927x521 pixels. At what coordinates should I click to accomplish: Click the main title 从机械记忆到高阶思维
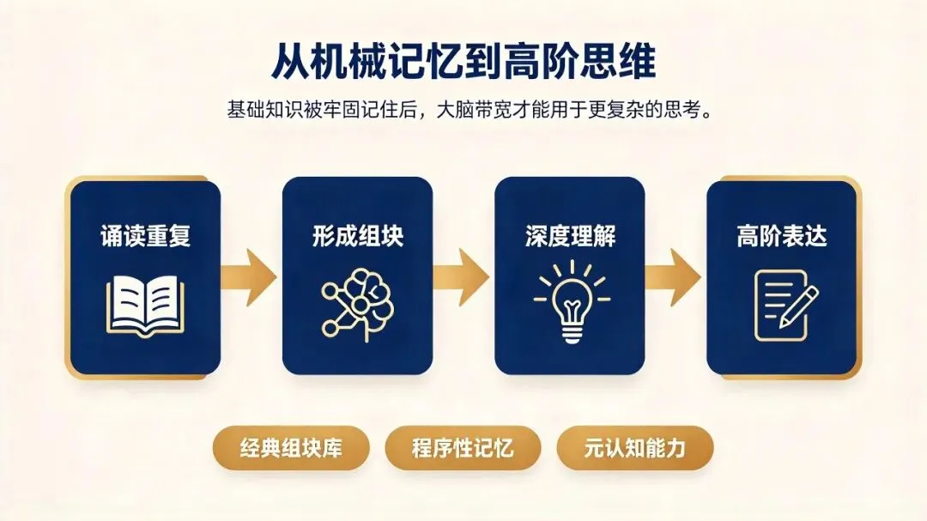[x=463, y=60]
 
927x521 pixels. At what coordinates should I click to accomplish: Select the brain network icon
[x=358, y=305]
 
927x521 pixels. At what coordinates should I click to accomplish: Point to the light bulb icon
[x=571, y=302]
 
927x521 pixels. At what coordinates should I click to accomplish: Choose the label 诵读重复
[x=145, y=236]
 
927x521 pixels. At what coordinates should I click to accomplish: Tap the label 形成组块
[x=358, y=236]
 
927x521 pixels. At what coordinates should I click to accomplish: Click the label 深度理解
[x=571, y=236]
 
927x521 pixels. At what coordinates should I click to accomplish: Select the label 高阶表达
[x=782, y=236]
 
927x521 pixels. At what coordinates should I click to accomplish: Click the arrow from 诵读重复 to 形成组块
[x=249, y=276]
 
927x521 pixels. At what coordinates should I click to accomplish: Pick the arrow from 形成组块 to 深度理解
[x=461, y=276]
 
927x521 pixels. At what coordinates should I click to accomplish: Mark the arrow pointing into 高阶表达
[x=673, y=276]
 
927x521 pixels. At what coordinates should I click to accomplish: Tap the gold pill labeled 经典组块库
[x=291, y=448]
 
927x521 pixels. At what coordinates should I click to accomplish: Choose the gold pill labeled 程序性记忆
[x=463, y=448]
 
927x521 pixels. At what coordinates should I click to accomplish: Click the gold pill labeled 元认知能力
[x=635, y=448]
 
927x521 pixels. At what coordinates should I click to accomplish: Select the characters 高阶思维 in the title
[x=580, y=60]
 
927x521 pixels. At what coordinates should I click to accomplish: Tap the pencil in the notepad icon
[x=799, y=306]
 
